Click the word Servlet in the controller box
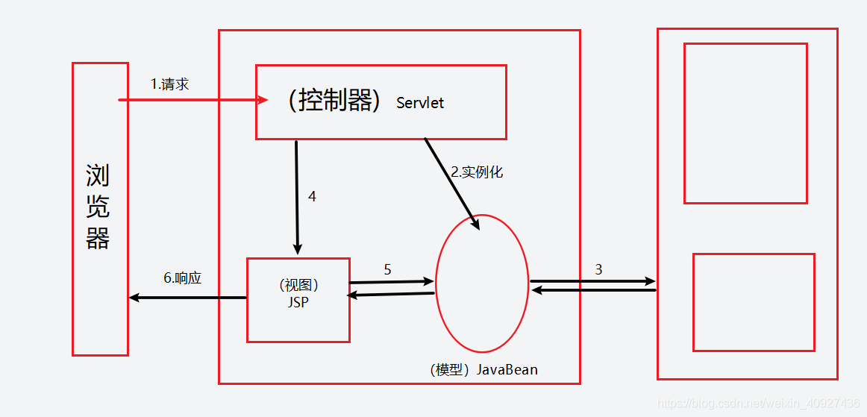pyautogui.click(x=420, y=103)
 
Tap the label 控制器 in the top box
pyautogui.click(x=335, y=101)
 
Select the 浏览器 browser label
pyautogui.click(x=98, y=207)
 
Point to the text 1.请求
pyautogui.click(x=170, y=84)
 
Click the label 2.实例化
pyautogui.click(x=477, y=172)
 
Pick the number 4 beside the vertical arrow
pyautogui.click(x=313, y=197)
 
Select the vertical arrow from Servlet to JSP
pyautogui.click(x=297, y=197)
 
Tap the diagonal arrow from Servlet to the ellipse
pyautogui.click(x=452, y=181)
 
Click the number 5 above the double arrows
pyautogui.click(x=387, y=270)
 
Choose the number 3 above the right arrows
pyautogui.click(x=598, y=270)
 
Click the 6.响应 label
pyautogui.click(x=183, y=278)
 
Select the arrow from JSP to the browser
pyautogui.click(x=187, y=298)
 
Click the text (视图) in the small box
pyautogui.click(x=298, y=285)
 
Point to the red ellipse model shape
pyautogui.click(x=482, y=283)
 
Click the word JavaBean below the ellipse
pyautogui.click(x=507, y=370)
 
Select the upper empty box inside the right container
pyautogui.click(x=745, y=123)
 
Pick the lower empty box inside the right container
pyautogui.click(x=753, y=302)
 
